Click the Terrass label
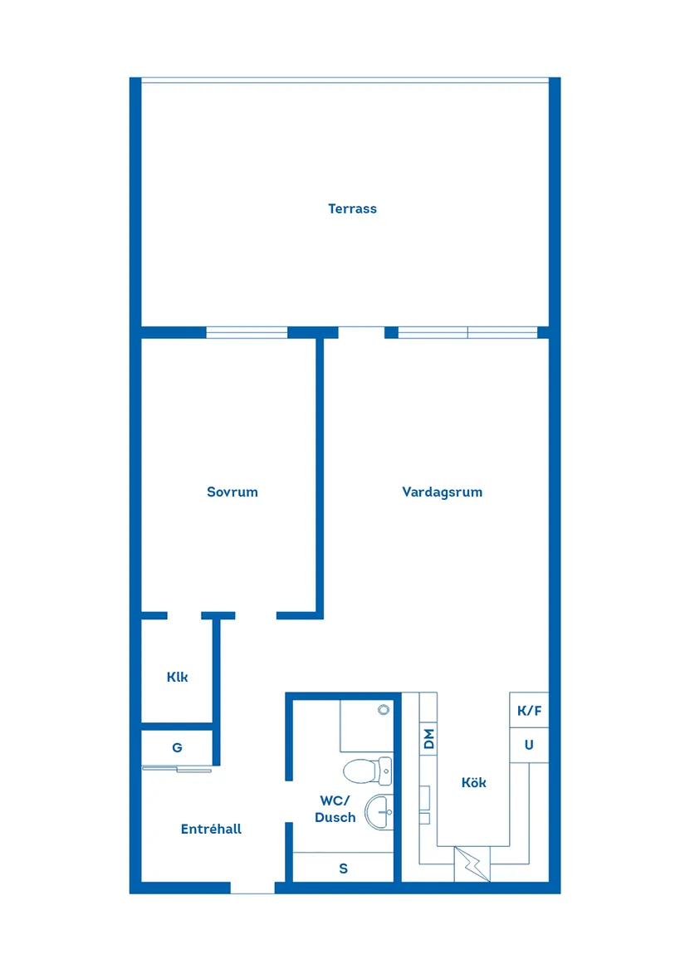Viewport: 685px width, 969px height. pos(352,209)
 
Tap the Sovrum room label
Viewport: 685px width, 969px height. pos(232,492)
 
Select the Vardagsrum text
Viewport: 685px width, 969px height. pos(442,492)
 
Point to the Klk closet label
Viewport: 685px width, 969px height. pos(177,678)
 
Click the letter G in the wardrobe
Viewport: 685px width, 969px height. pos(177,748)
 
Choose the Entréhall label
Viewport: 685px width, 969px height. pos(211,830)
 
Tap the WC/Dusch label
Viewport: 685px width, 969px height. pos(335,810)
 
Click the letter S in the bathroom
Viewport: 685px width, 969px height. pos(343,869)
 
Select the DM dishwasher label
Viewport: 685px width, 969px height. pos(429,739)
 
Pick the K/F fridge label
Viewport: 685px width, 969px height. pos(529,712)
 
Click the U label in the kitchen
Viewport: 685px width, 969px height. pos(529,746)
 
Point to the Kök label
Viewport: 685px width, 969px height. pos(473,783)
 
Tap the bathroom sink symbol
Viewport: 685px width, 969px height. pos(378,812)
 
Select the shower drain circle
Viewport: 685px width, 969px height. pos(383,710)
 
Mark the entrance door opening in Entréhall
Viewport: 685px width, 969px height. pos(252,888)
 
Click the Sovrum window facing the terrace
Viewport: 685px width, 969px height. pos(247,333)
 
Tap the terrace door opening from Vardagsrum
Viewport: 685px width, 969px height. pos(361,333)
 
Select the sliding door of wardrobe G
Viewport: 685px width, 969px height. pos(178,768)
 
